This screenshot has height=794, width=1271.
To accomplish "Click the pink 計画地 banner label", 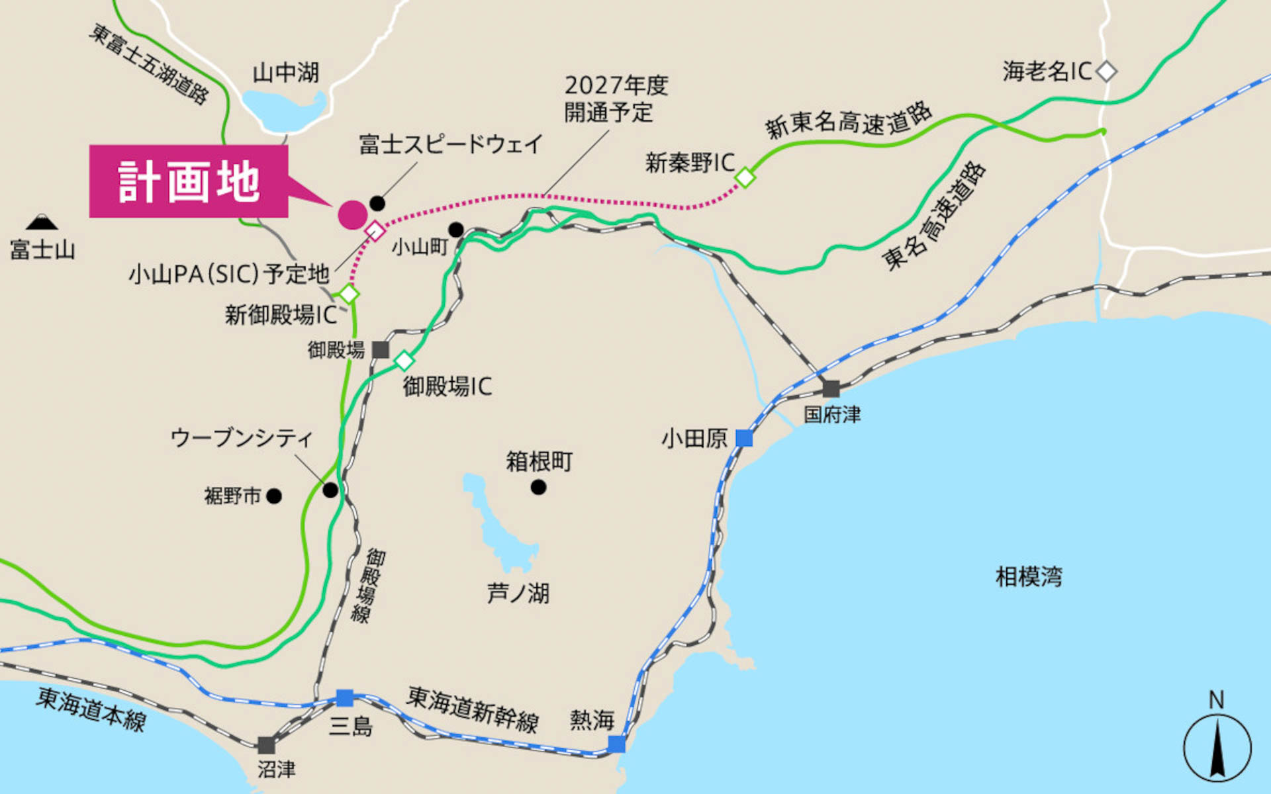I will [189, 181].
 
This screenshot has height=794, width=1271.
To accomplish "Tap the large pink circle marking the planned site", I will [352, 215].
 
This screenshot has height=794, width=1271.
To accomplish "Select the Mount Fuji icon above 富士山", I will [42, 222].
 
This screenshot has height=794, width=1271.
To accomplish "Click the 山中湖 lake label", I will [286, 72].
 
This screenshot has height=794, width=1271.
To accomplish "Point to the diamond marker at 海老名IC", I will [1106, 71].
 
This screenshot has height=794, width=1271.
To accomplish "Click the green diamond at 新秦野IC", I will [745, 177].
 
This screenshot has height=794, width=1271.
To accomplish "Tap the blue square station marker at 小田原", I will [744, 438].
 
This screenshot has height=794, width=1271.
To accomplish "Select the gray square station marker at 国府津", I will [831, 388].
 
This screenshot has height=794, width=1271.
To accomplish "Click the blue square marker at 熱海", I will [616, 744].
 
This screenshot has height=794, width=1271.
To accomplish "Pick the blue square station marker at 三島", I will [345, 698].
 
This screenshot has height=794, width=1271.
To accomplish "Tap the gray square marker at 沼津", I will [266, 746].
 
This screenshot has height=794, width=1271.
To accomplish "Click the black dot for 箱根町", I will [538, 488].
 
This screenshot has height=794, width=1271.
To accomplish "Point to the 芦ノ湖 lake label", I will [518, 594].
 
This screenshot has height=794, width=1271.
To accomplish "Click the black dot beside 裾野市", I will [274, 496].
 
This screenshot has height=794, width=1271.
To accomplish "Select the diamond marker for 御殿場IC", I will [404, 361].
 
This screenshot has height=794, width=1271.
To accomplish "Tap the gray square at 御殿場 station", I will [380, 350].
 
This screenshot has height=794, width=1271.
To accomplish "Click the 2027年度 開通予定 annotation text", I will [616, 99].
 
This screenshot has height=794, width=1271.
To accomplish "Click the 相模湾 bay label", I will [1029, 577].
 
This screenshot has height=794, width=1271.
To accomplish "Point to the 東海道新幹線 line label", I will [473, 709].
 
